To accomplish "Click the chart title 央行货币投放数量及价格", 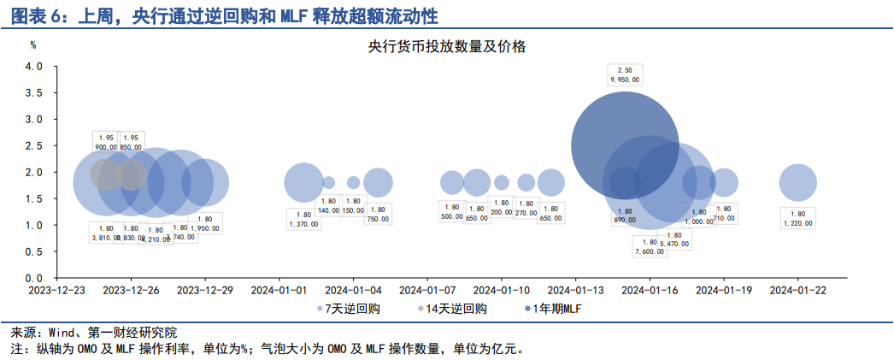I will click(x=447, y=47).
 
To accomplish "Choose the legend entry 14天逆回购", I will click(x=453, y=308).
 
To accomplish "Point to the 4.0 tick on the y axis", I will click(x=33, y=67).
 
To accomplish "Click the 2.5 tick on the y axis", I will click(x=33, y=146).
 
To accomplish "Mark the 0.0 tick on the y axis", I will click(x=33, y=279).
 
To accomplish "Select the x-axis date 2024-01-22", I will click(x=798, y=291).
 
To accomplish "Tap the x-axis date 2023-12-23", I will click(x=56, y=291).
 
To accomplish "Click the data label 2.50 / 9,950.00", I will click(x=624, y=74).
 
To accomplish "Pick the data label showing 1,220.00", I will click(x=797, y=219).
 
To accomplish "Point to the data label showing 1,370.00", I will click(x=303, y=219).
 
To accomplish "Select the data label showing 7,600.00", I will click(x=649, y=246).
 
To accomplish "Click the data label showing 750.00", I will click(x=378, y=215).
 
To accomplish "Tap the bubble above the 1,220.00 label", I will click(x=798, y=182).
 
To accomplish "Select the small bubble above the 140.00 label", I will click(x=328, y=182).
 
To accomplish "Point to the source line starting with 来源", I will click(x=94, y=333).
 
